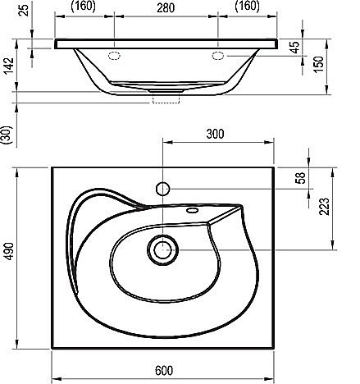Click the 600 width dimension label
(164, 371)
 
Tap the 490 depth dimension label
(9, 251)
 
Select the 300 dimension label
(215, 134)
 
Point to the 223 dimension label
(325, 207)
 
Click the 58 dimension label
(301, 178)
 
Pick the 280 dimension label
(166, 8)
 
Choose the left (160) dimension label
(84, 6)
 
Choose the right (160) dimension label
(248, 6)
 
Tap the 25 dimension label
(25, 10)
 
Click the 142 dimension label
(9, 66)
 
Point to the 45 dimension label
(295, 47)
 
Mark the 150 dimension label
(319, 64)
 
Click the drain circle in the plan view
(163, 250)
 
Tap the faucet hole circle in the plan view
(163, 189)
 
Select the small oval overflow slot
(192, 210)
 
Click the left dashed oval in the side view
(114, 56)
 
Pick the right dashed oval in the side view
(218, 56)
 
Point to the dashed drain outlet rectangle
(166, 98)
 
